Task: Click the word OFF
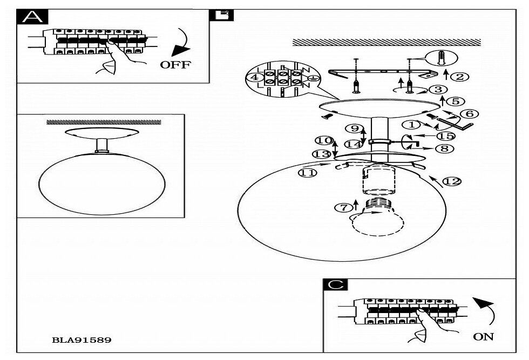(175, 65)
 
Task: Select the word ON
(483, 337)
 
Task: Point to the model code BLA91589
(82, 340)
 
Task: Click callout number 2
(459, 76)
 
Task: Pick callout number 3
(438, 90)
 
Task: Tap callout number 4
(252, 77)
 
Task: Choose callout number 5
(455, 101)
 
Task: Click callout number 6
(469, 113)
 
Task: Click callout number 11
(306, 173)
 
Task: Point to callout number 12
(453, 181)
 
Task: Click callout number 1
(413, 125)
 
